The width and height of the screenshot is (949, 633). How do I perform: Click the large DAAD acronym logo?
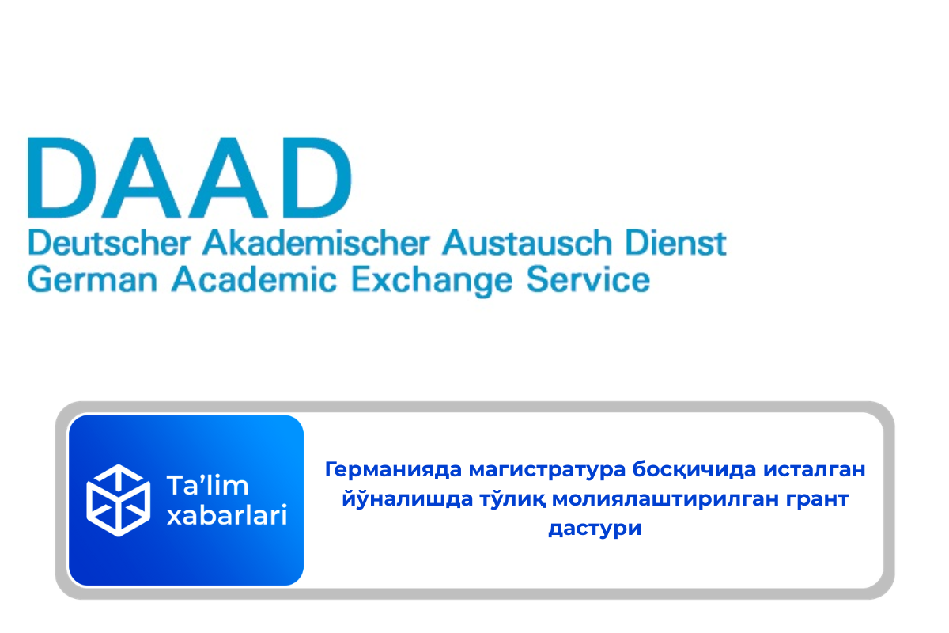pyautogui.click(x=189, y=178)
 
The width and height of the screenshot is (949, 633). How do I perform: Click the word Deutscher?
pyautogui.click(x=109, y=243)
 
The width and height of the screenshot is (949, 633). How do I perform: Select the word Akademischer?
pyautogui.click(x=316, y=243)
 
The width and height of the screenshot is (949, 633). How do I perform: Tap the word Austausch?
pyautogui.click(x=527, y=243)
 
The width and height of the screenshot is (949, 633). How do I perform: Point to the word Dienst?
pyautogui.click(x=675, y=243)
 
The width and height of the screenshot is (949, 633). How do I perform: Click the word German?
pyautogui.click(x=93, y=280)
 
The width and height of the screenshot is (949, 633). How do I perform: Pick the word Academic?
pyautogui.click(x=254, y=280)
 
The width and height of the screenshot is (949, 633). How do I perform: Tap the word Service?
pyautogui.click(x=588, y=280)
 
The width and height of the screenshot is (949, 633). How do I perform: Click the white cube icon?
pyautogui.click(x=118, y=500)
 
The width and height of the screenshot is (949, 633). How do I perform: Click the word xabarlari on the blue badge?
pyautogui.click(x=227, y=515)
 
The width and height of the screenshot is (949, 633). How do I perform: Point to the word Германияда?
pyautogui.click(x=393, y=470)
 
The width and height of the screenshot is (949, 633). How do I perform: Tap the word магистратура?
pyautogui.click(x=547, y=471)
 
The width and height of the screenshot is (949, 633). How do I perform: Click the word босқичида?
pyautogui.click(x=694, y=470)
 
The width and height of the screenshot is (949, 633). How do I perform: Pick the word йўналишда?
pyautogui.click(x=407, y=498)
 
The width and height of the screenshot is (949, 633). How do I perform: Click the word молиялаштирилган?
pyautogui.click(x=666, y=499)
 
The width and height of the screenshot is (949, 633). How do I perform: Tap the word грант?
pyautogui.click(x=818, y=500)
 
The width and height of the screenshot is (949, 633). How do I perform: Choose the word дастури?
pyautogui.click(x=595, y=529)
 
